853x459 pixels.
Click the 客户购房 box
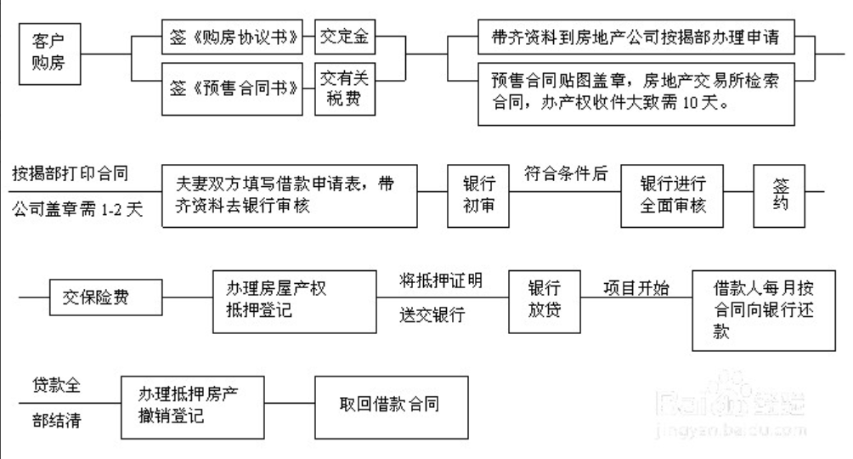point(50,54)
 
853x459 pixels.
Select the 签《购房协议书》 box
point(232,37)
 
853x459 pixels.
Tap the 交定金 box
point(345,37)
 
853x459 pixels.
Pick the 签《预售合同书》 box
point(232,88)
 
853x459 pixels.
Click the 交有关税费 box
point(345,88)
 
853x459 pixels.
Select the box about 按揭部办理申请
point(636,37)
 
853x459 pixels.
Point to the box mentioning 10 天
point(636,94)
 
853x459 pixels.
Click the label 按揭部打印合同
point(71,173)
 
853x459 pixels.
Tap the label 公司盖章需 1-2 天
point(77,209)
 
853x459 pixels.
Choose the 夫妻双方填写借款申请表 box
point(290,196)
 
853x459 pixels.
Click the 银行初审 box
point(478,196)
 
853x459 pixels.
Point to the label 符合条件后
point(566,173)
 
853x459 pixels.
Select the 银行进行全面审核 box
point(672,196)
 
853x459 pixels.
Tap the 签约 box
point(779,196)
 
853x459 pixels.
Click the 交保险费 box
point(105,297)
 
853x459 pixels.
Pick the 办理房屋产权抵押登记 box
point(294,302)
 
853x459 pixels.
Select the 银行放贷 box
point(545,302)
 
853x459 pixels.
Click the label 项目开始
point(636,288)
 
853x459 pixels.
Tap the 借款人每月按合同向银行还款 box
point(764,311)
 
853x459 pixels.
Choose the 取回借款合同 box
point(391,407)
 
